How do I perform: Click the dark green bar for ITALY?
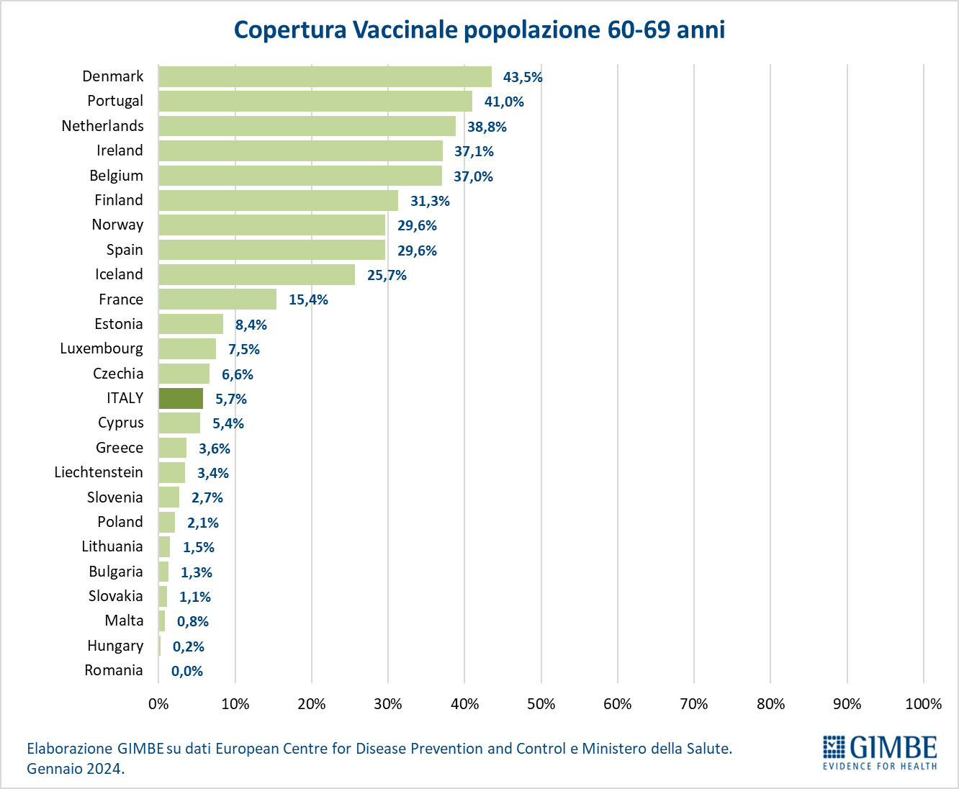coord(181,398)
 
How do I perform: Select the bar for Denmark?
coord(325,77)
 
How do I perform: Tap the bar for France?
coord(217,299)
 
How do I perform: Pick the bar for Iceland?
coord(256,274)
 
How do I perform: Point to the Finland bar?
coord(278,200)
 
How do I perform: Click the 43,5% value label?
coord(523,77)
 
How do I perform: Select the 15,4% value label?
coord(308,299)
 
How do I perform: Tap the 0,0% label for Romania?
coord(187,671)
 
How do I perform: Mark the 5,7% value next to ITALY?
coord(231,399)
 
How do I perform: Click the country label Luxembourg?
coord(102,348)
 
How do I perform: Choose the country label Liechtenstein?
coord(99,472)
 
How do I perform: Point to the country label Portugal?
coord(115,101)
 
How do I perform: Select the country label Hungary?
coord(115,646)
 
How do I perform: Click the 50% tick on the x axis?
coord(541,704)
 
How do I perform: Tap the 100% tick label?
coord(923,704)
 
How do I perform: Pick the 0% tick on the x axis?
coord(158,704)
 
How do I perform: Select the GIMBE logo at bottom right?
coord(880,752)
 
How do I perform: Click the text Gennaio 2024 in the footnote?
coord(75,768)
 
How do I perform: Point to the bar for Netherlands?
coord(307,126)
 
